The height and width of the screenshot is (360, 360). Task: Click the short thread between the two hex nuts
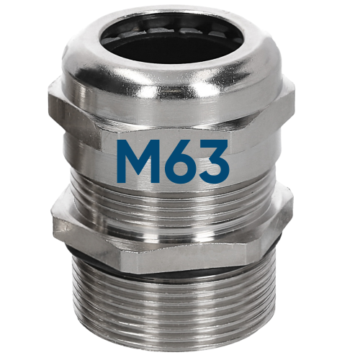180,198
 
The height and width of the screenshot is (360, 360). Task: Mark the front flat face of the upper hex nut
180,115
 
